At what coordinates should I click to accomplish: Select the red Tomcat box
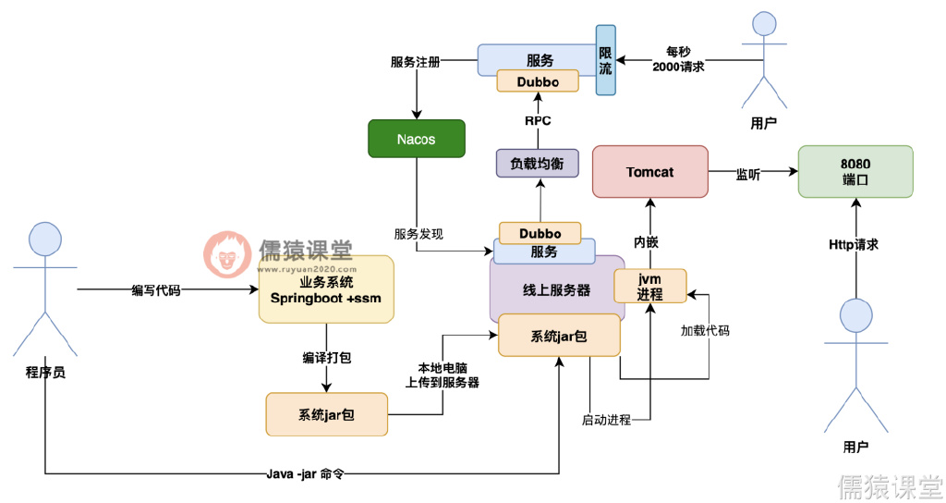[x=649, y=172]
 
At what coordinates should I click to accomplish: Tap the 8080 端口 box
[x=855, y=171]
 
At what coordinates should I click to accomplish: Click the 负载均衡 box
[x=537, y=164]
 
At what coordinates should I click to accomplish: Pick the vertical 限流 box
[x=605, y=60]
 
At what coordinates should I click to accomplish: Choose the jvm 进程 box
[x=650, y=286]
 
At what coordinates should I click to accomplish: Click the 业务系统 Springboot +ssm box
[x=325, y=289]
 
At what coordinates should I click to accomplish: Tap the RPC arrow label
[x=538, y=120]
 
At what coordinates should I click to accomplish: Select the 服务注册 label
[x=415, y=62]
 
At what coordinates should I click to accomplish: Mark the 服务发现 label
[x=418, y=234]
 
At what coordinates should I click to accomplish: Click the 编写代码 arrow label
[x=156, y=290]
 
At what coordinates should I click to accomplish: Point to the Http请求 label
[x=854, y=245]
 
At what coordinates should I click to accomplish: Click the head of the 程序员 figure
[x=44, y=239]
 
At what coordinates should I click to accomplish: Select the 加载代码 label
[x=705, y=330]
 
